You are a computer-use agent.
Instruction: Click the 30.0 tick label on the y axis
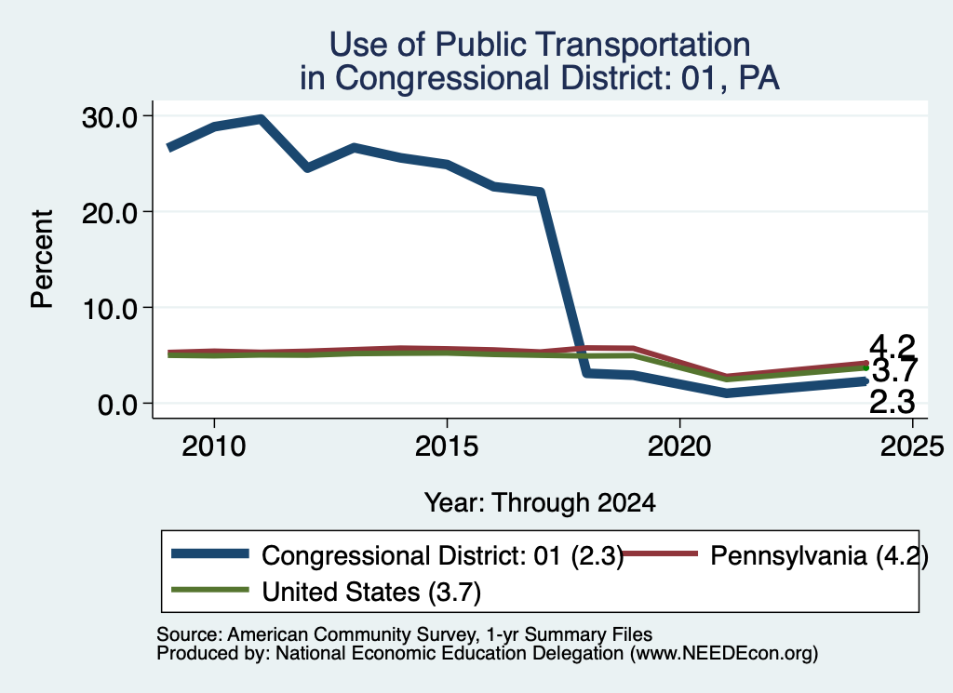tap(110, 117)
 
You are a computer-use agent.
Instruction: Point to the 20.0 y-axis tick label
tap(110, 213)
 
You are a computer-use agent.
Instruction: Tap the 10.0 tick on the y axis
tap(110, 309)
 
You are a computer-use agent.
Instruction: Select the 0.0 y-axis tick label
tap(118, 405)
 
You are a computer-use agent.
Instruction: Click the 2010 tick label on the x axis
tap(214, 446)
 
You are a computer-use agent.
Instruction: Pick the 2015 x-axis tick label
tap(447, 446)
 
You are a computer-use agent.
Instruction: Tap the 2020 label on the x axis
tap(679, 446)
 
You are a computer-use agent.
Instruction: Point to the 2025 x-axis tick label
tap(912, 446)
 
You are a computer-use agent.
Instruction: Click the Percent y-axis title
tap(42, 259)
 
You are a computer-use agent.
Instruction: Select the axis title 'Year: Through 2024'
tap(540, 503)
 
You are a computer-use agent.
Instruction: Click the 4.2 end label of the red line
tap(893, 347)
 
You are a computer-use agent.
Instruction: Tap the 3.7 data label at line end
tap(894, 370)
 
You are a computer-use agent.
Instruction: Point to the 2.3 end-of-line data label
tap(893, 402)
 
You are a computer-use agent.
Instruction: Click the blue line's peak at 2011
tap(261, 119)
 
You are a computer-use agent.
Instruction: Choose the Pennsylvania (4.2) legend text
tap(819, 555)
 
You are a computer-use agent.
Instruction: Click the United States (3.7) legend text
tap(371, 593)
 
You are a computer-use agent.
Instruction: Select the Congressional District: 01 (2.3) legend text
tap(443, 555)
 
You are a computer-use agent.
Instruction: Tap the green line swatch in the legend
tap(210, 590)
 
